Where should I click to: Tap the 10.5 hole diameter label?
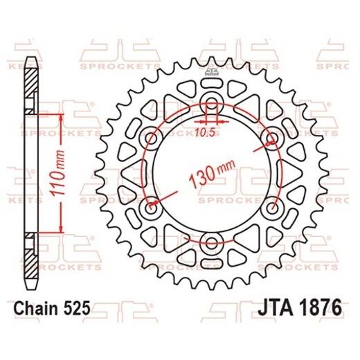click(x=204, y=128)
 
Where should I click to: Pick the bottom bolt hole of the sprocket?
click(x=213, y=243)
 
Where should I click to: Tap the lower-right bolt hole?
click(x=272, y=208)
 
